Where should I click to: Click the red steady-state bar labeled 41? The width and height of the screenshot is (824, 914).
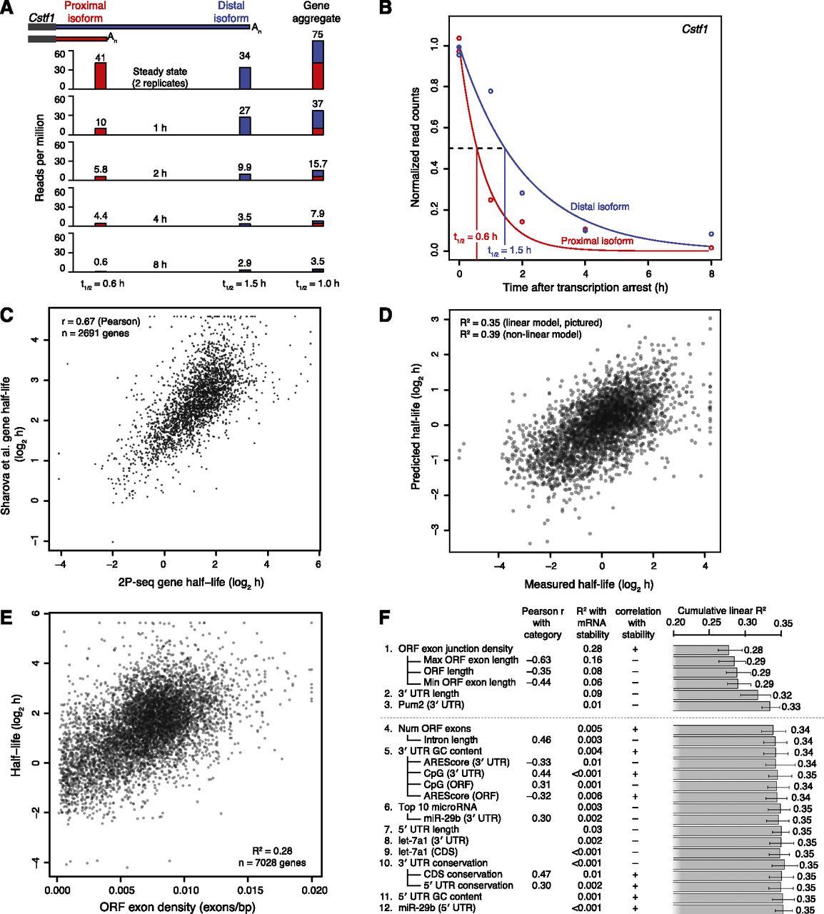tap(100, 75)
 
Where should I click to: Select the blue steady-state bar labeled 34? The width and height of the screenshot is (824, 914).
tap(245, 78)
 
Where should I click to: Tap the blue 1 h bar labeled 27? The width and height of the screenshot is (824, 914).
tap(245, 125)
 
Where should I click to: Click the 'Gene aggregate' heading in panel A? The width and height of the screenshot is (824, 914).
tap(316, 12)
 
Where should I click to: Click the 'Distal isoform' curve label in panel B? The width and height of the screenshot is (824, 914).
tap(600, 206)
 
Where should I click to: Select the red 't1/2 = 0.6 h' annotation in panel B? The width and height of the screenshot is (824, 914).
tap(476, 237)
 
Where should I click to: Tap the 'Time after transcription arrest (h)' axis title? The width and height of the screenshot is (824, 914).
tap(585, 288)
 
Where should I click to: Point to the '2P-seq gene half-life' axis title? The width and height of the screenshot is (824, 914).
tap(191, 583)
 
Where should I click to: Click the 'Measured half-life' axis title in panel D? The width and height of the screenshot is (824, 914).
tap(588, 585)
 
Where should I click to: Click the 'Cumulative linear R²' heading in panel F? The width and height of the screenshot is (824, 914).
tap(722, 611)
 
